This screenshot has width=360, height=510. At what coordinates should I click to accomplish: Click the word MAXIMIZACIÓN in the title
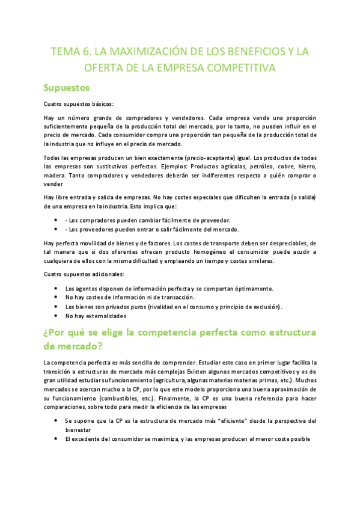pyautogui.click(x=129, y=52)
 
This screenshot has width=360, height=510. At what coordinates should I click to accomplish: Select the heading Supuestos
pyautogui.click(x=66, y=88)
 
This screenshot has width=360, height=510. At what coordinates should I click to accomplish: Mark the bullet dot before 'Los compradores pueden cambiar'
pyautogui.click(x=56, y=220)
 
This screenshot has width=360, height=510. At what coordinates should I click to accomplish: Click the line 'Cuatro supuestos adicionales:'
pyautogui.click(x=81, y=274)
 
